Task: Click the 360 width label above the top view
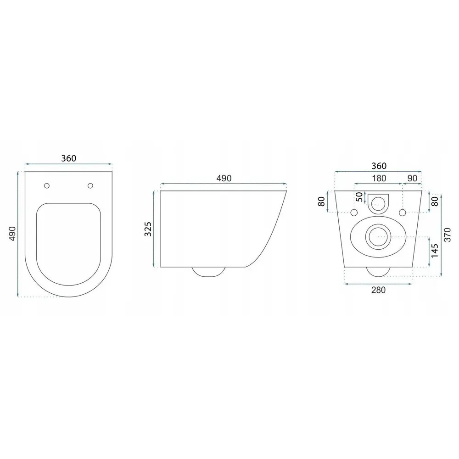[68, 158]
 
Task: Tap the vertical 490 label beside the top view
[12, 233]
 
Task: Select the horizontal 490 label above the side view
[224, 178]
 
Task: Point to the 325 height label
[148, 229]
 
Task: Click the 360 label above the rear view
[379, 166]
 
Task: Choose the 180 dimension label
[379, 178]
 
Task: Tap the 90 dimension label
[412, 178]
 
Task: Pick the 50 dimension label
[359, 197]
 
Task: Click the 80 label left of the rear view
[321, 202]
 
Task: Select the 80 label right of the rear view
[435, 202]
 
